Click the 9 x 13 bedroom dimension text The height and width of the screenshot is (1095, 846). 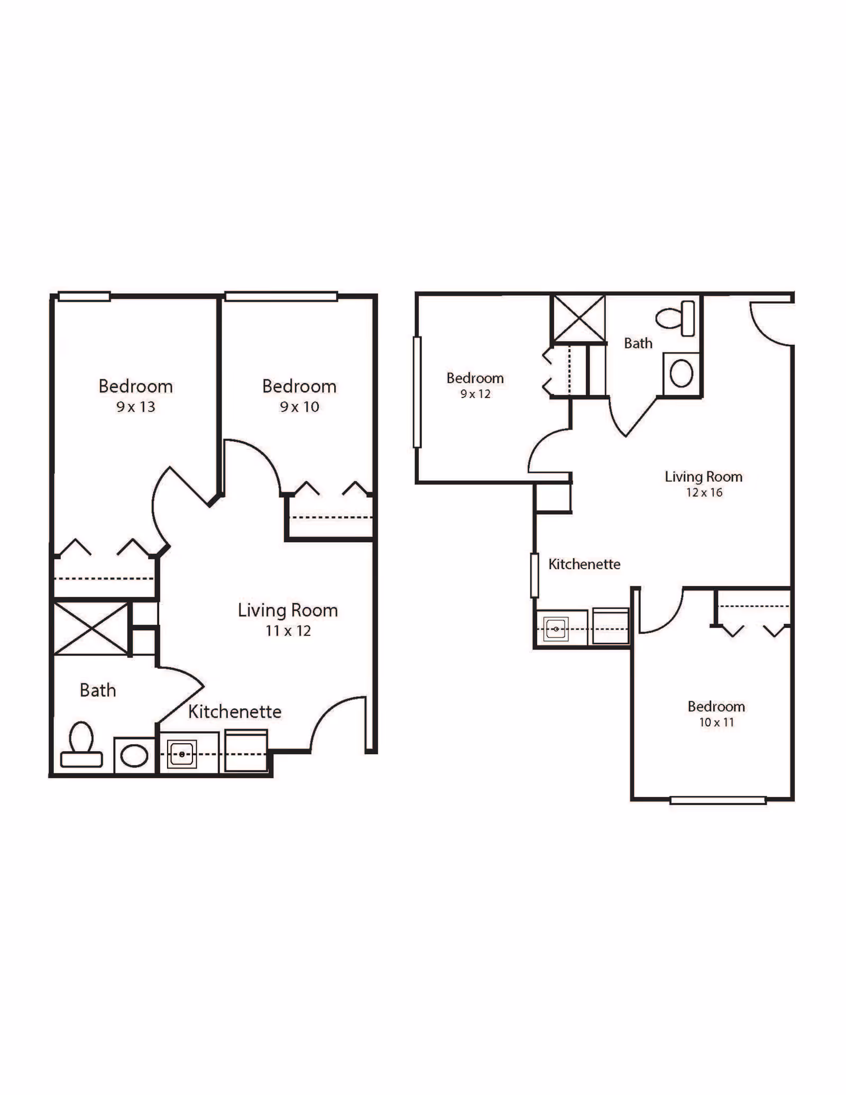[136, 407]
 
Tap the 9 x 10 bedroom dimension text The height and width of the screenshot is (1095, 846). [299, 407]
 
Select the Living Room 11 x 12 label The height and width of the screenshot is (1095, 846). [288, 619]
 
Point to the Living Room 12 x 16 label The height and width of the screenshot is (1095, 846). [704, 484]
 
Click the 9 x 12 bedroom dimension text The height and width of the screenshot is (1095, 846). [475, 394]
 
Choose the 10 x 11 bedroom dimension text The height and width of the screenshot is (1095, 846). [716, 723]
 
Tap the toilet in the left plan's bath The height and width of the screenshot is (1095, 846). [81, 745]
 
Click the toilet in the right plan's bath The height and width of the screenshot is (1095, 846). [675, 318]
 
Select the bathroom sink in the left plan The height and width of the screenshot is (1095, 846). [134, 755]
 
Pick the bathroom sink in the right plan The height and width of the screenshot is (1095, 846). [682, 373]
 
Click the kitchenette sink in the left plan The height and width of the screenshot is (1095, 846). [182, 754]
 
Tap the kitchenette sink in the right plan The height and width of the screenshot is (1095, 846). [556, 629]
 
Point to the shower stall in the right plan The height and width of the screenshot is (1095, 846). [579, 318]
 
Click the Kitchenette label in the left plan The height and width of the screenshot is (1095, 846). [235, 711]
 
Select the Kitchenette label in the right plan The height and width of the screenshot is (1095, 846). [584, 564]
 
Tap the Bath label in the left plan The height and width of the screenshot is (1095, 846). [98, 690]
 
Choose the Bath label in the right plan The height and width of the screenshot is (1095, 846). [638, 343]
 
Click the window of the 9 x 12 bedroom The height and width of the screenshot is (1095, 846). [417, 392]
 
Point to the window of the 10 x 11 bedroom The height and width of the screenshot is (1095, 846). [718, 800]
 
